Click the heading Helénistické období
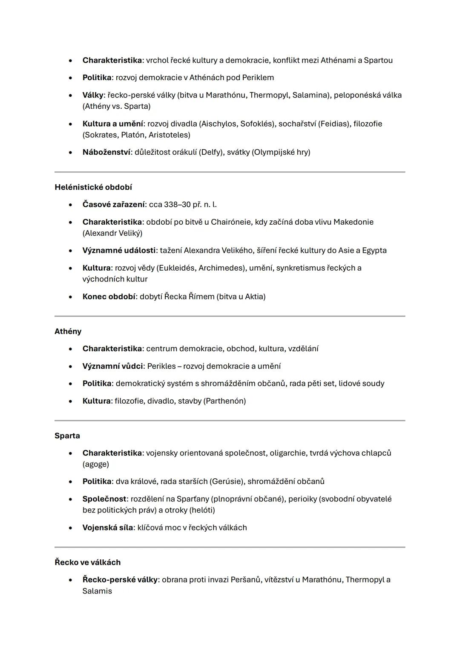point(93,187)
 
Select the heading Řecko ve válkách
point(87,562)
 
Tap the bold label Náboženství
point(106,152)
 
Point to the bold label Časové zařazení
point(113,205)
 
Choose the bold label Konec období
point(109,297)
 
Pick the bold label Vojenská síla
point(107,528)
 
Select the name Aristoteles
point(169,135)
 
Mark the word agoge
point(96,464)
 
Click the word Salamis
point(97,591)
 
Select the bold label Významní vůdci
point(112,366)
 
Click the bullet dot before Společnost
point(70,499)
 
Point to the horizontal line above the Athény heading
point(230,316)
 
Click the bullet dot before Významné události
point(70,251)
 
